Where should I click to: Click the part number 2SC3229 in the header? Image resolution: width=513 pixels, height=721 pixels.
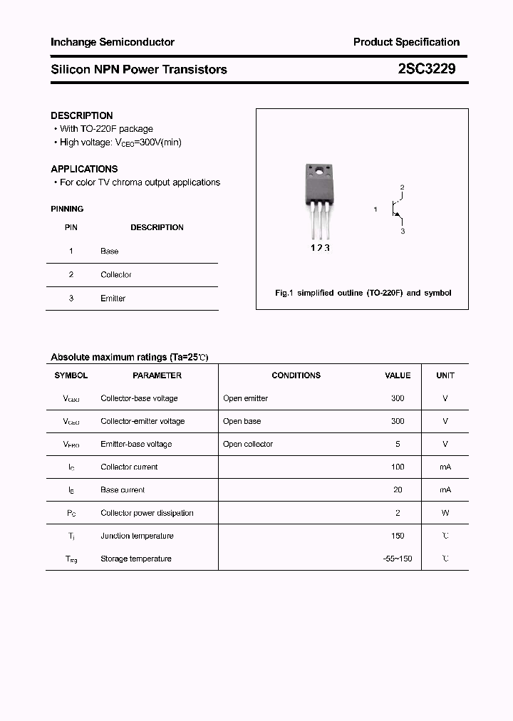pos(427,69)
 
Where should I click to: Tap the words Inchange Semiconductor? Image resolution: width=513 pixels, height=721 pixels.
pos(112,42)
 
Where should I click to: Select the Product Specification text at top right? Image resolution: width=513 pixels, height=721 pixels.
pos(406,42)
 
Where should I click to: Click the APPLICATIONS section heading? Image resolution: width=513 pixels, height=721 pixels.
pos(84,169)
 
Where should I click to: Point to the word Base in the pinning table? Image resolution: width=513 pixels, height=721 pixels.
pos(110,251)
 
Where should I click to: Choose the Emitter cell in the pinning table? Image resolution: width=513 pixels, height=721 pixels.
pos(113,299)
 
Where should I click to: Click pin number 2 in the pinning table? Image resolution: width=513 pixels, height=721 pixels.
pos(71,274)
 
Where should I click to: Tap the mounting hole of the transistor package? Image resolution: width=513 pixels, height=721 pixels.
pos(318,170)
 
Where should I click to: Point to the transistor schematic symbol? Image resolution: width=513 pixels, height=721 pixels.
pos(395,209)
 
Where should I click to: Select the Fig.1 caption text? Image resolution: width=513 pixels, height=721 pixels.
pos(363,293)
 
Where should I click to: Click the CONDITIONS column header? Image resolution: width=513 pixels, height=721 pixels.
pos(296,375)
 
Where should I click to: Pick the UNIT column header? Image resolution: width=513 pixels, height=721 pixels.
pos(445,375)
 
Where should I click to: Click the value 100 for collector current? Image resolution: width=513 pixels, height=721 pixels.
pos(398,467)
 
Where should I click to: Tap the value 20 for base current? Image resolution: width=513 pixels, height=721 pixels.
pos(398,489)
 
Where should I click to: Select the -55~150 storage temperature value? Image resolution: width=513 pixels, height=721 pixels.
pos(398,559)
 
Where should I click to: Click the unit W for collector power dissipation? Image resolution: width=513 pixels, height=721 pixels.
pos(445,513)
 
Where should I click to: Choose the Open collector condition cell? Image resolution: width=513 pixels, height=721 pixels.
pos(248,444)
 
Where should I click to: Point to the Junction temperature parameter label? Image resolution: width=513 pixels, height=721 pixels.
pos(137,536)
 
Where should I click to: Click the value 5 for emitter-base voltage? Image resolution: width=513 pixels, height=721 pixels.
pos(398,444)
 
